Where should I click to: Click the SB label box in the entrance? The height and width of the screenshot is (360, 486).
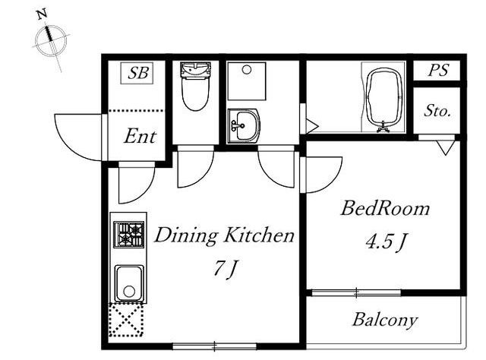coord(137,73)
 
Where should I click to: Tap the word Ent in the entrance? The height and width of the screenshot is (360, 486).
coord(140,137)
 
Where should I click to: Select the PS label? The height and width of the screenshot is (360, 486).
coord(438,70)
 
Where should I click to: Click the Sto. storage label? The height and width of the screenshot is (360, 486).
coord(437,111)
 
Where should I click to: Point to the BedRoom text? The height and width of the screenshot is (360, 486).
coord(385,208)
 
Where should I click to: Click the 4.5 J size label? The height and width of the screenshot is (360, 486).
coord(386,242)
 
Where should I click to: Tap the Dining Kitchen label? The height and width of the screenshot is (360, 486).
coord(224,235)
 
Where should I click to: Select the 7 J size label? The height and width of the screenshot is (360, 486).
coord(225,269)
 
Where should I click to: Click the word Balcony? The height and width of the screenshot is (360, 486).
coord(385,320)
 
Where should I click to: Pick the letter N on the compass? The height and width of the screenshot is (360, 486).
coord(42,14)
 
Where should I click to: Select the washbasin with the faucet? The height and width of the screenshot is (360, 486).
coord(243,125)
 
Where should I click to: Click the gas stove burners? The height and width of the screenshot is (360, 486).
coord(128,235)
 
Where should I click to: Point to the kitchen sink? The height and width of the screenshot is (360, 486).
coord(129,283)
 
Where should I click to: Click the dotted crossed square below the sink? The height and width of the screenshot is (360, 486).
coord(126,320)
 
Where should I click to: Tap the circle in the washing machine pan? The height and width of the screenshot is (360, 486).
coord(247,70)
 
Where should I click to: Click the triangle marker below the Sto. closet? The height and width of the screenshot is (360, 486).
coord(446,147)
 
